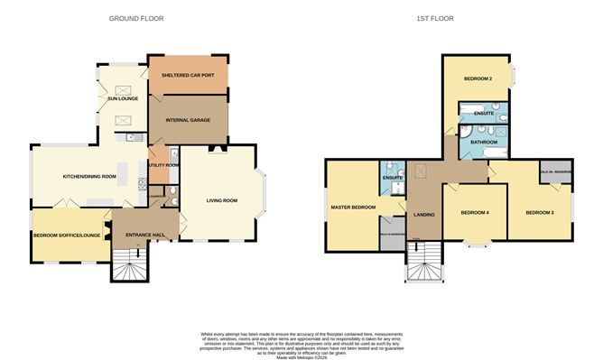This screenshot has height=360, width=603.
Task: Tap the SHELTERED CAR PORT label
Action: pyautogui.click(x=188, y=76)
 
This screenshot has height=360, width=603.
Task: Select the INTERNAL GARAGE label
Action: pyautogui.click(x=188, y=118)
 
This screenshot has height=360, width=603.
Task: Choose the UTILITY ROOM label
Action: pyautogui.click(x=164, y=165)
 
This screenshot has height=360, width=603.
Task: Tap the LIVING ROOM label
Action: pyautogui.click(x=221, y=200)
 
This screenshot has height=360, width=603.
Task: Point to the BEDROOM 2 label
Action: pyautogui.click(x=478, y=78)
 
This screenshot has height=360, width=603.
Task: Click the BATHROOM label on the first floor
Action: pyautogui.click(x=477, y=141)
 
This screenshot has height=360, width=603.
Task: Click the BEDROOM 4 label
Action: pyautogui.click(x=475, y=213)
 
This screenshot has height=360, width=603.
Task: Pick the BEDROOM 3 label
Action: pyautogui.click(x=540, y=213)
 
